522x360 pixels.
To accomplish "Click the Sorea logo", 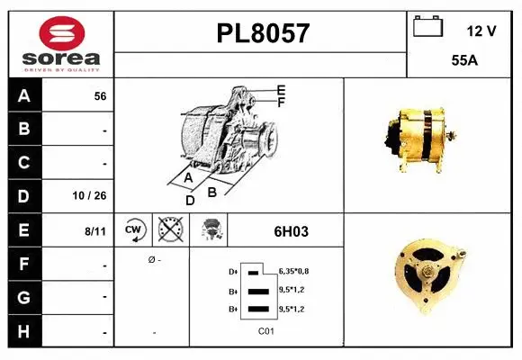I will [x=61, y=42].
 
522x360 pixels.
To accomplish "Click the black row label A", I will [x=24, y=95].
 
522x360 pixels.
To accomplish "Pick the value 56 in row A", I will [x=100, y=96].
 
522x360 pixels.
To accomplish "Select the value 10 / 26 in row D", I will [x=94, y=195].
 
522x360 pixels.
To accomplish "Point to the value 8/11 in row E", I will [x=95, y=231].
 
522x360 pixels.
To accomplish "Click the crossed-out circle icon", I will [x=168, y=229].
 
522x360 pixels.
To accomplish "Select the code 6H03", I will [x=291, y=230].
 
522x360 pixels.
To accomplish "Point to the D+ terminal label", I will [x=234, y=271].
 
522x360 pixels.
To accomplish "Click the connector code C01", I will [x=265, y=331].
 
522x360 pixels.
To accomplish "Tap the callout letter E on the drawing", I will [x=281, y=90].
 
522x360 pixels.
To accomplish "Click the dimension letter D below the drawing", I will [x=190, y=200].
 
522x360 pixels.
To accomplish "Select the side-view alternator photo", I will [x=418, y=136].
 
